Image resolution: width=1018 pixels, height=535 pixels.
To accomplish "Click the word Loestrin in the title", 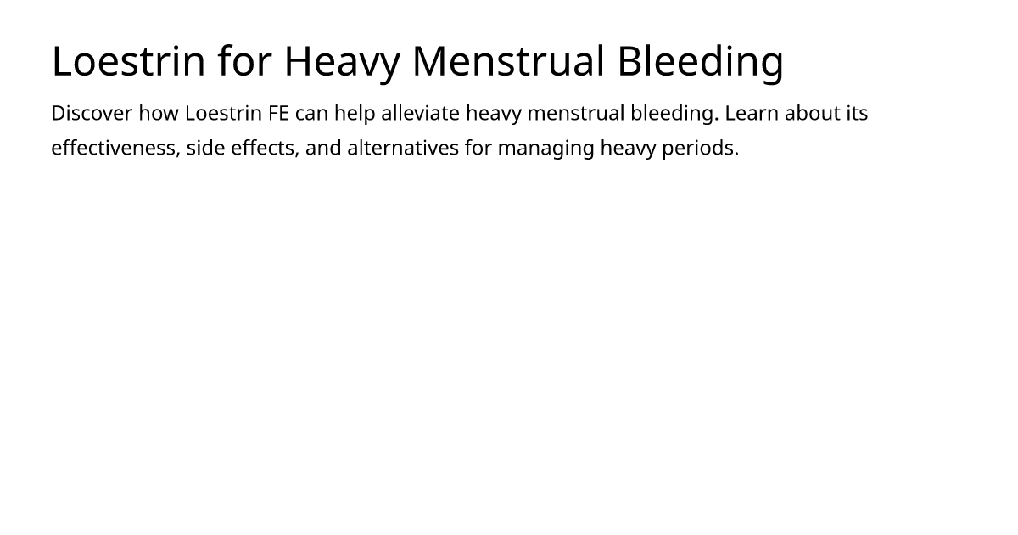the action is (129, 61).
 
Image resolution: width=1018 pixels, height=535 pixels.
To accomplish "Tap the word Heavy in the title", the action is (342, 65).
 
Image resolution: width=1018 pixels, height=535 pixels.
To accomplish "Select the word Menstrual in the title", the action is (508, 61).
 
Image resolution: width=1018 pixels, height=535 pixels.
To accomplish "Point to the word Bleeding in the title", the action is (701, 65).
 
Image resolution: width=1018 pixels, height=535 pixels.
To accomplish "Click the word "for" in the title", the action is (245, 60).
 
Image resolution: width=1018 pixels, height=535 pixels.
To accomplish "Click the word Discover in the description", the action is (92, 113).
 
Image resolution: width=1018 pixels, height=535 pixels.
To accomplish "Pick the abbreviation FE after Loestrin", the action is (278, 113).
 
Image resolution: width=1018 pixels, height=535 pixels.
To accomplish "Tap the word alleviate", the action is (421, 113).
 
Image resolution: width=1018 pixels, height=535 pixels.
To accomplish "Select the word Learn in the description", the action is (752, 113).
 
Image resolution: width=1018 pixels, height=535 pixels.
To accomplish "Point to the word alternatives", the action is (403, 148).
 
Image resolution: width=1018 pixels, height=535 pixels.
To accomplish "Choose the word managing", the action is (545, 149).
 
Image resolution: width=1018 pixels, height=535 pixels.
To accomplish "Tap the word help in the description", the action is (355, 114).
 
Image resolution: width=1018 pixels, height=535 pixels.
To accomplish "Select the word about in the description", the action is (813, 113).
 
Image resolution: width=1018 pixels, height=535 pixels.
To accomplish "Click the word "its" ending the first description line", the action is (857, 113).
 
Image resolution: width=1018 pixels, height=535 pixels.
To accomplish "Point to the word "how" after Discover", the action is (159, 113).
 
